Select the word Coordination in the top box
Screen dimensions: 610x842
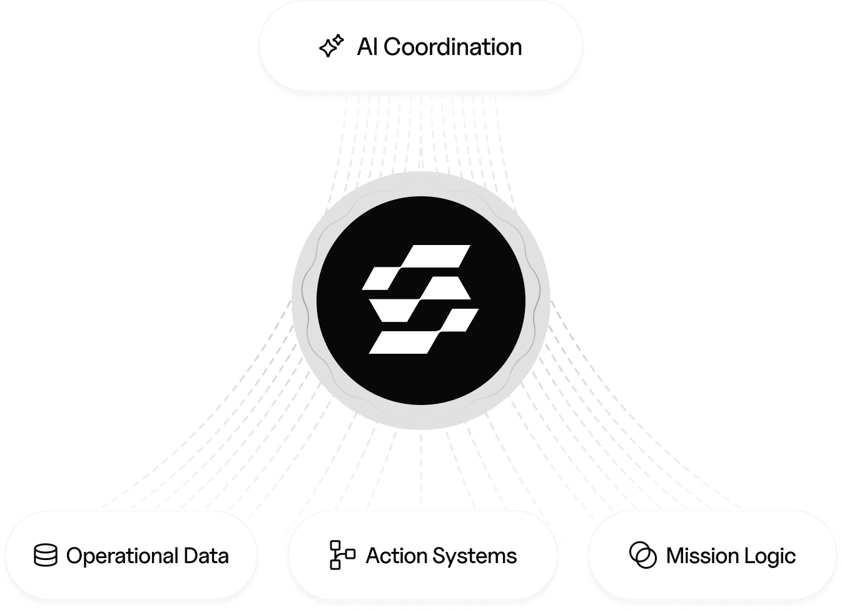point(452,47)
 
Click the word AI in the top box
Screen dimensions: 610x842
point(367,47)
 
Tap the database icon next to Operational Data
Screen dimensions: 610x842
point(45,556)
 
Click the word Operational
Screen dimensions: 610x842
point(121,556)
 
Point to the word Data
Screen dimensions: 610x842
point(206,556)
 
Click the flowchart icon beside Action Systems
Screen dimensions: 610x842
point(342,555)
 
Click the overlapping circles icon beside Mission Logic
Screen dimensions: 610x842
point(643,555)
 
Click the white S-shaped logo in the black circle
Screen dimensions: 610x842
point(420,299)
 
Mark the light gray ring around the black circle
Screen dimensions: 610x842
point(304,300)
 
